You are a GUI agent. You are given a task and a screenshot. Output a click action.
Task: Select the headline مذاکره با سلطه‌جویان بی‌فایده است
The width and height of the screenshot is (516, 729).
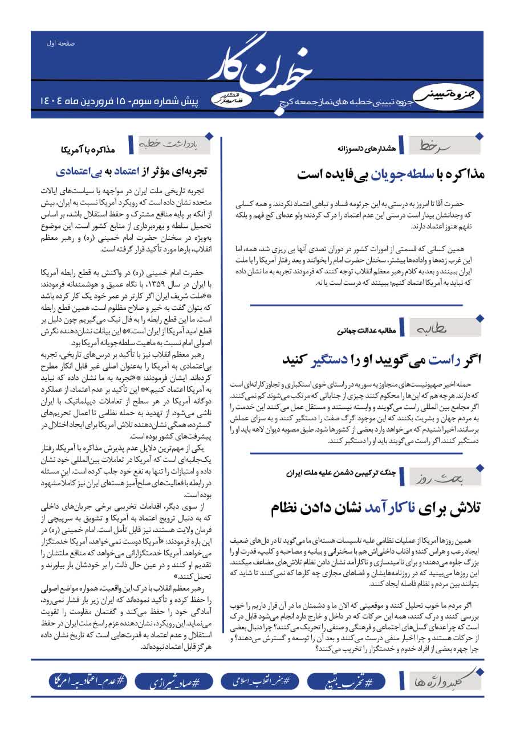(x=390, y=174)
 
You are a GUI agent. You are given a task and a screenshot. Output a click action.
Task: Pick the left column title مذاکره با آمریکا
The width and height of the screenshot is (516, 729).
(x=88, y=150)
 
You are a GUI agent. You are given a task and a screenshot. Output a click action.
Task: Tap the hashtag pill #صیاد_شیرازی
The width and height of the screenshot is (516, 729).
(x=170, y=681)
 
